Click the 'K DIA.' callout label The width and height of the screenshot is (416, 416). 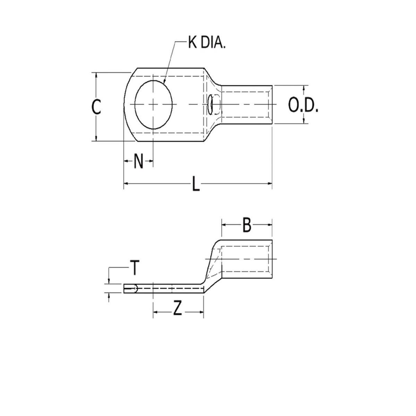click(207, 44)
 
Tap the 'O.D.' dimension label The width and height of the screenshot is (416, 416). click(303, 106)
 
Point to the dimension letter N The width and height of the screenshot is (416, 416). click(138, 161)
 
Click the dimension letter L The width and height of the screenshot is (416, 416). click(196, 184)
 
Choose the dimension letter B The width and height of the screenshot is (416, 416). click(246, 225)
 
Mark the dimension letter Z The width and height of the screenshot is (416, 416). click(177, 310)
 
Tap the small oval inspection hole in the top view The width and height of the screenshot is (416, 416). click(210, 104)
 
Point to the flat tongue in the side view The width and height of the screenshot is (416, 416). click(163, 288)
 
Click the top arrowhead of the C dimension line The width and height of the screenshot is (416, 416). click(97, 75)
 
